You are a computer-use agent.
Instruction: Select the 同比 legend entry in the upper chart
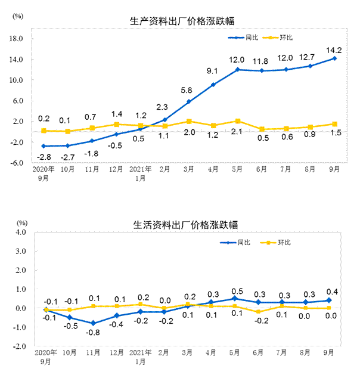(244, 38)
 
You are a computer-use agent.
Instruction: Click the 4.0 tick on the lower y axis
(20, 232)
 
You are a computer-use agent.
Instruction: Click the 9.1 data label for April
(213, 72)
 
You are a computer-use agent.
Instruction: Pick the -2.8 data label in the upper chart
(44, 157)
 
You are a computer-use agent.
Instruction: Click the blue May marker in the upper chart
(237, 70)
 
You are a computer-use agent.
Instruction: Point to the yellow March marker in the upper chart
(188, 121)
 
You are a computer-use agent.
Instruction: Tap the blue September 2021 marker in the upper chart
(334, 58)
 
